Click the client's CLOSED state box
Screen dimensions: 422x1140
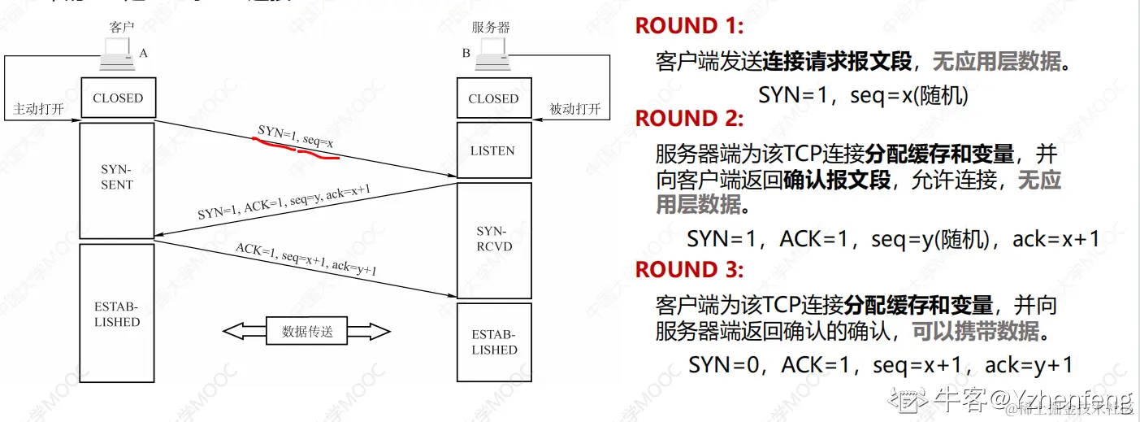118,98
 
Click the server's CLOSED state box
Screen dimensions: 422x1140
493,98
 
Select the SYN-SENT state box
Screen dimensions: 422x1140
117,178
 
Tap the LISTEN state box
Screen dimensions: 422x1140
492,150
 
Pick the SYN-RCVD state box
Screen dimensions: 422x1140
492,239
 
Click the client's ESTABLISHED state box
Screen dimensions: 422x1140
117,314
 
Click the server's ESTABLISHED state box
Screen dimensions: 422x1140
493,342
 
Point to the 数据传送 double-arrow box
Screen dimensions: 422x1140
307,331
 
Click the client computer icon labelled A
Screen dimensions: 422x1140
117,56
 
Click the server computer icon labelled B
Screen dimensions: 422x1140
492,56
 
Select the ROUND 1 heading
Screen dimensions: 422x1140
689,26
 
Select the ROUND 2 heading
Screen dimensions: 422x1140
689,119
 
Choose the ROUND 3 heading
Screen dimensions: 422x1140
689,269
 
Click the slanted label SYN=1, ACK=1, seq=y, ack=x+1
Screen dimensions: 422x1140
284,203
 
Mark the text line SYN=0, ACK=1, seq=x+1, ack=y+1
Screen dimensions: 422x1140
881,365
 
